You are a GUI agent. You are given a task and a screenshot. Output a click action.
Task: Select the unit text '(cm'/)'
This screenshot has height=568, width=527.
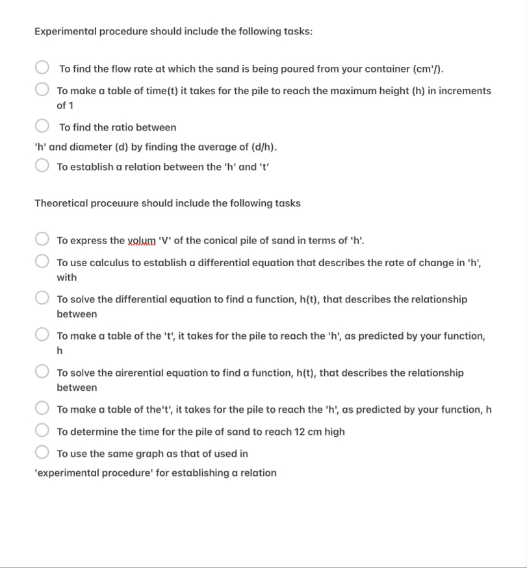tap(429, 69)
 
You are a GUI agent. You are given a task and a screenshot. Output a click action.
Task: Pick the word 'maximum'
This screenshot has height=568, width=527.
tap(351, 91)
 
